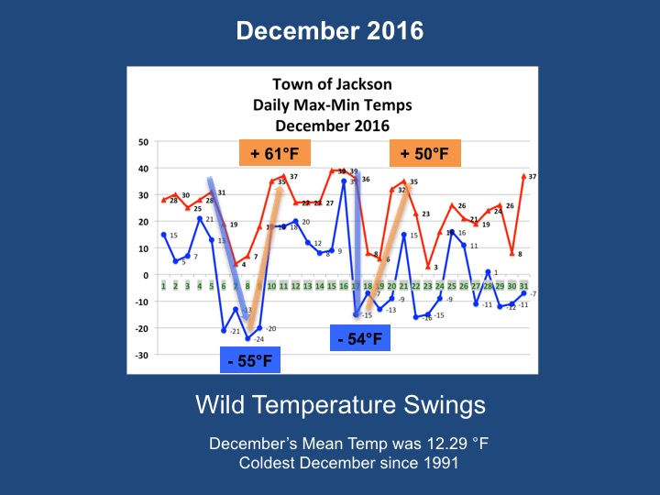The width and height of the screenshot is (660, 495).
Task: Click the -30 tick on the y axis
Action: pos(141,355)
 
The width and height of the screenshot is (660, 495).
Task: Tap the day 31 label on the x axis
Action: pos(523,287)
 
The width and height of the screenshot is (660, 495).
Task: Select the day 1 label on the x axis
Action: pos(163,287)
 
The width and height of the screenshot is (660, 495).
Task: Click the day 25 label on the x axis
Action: pos(452,287)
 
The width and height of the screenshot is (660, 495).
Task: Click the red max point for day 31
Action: pos(524,176)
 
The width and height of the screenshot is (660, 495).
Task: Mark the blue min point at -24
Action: pos(247,338)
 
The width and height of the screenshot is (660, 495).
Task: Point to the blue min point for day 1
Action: pos(163,235)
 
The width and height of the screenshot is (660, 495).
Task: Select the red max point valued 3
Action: pos(428,267)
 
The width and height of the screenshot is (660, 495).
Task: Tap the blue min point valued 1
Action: pos(488,272)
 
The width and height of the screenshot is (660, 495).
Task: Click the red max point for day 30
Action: pos(511,253)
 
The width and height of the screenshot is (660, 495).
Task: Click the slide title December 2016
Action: pos(330,31)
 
